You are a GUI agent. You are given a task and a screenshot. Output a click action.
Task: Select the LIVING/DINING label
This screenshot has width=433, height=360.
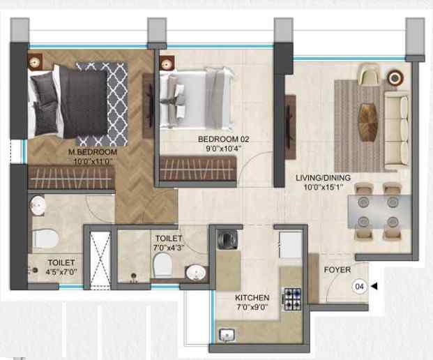(x=323, y=178)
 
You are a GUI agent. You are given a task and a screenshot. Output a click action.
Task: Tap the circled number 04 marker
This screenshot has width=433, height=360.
(x=360, y=286)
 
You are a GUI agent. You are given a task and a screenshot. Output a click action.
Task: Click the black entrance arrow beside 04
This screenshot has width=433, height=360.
(x=374, y=286)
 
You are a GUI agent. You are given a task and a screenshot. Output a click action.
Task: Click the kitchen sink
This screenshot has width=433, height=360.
(x=227, y=336)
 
